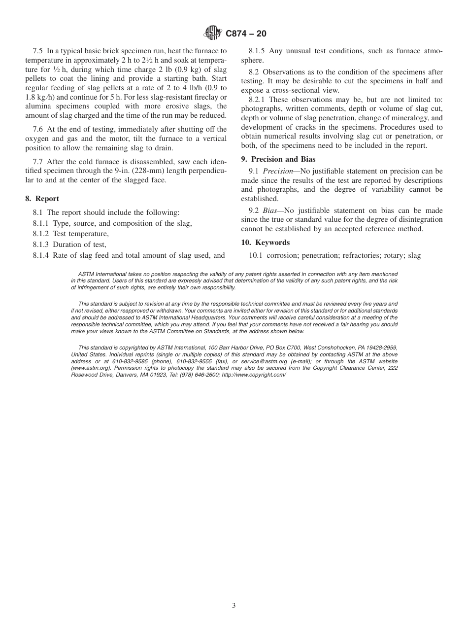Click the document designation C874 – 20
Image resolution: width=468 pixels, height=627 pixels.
coord(246,34)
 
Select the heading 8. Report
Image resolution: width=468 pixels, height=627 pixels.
coord(42,199)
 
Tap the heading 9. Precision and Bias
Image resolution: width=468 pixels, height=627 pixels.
coord(278,159)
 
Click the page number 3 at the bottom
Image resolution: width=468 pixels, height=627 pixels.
coord(234,606)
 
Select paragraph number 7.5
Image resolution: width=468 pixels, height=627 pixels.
coord(38,51)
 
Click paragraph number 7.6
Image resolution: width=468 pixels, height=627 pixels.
coord(38,130)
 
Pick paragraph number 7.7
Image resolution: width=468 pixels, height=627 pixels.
coord(38,162)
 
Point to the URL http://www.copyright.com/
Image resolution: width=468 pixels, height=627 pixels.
coord(254,375)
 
